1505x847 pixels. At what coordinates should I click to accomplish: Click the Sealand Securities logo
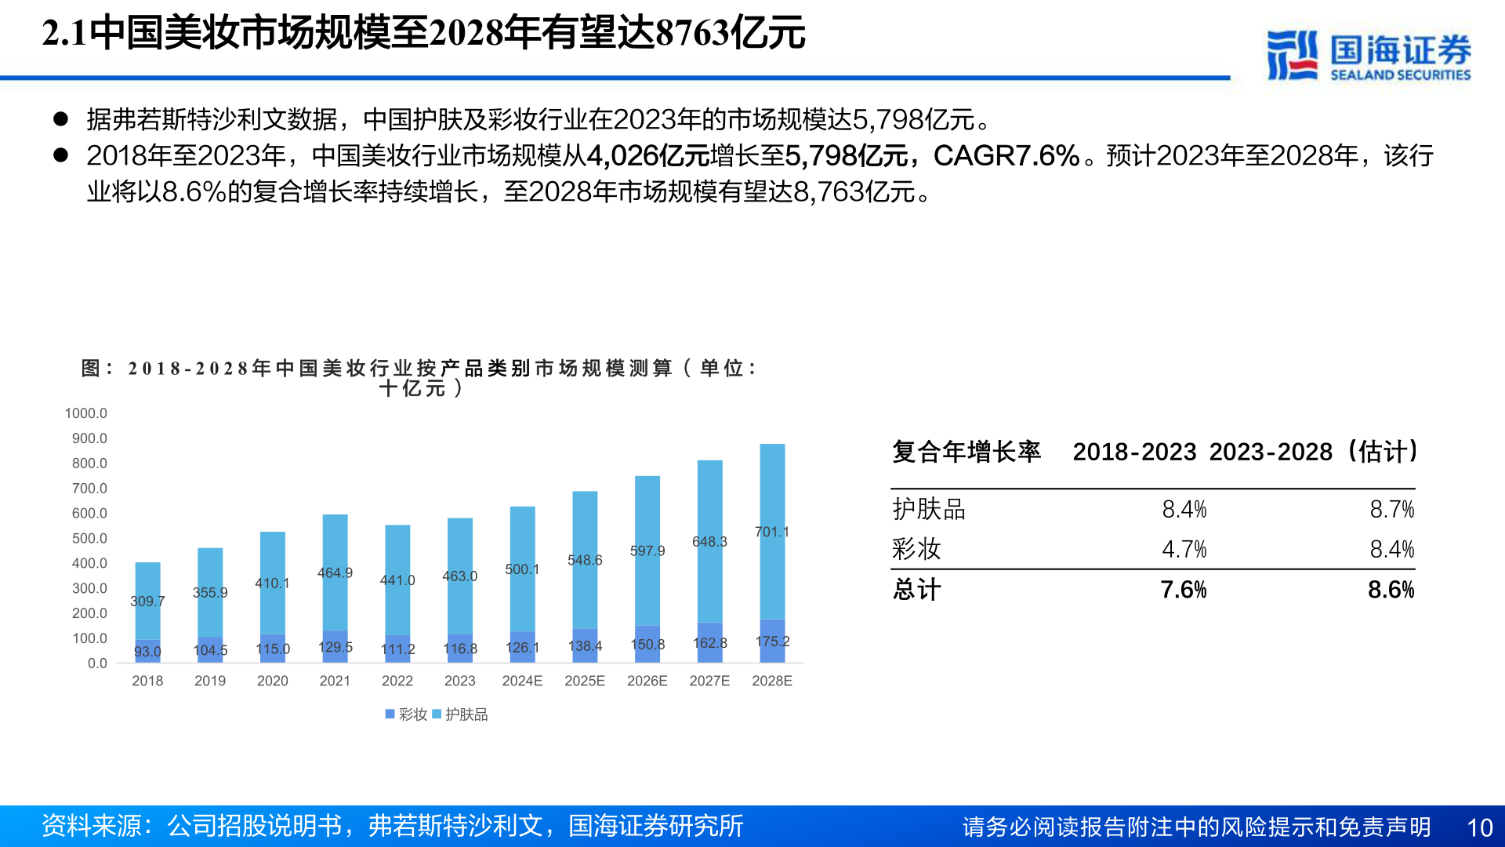(1368, 55)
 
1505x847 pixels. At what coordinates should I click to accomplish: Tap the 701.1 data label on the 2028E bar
(771, 532)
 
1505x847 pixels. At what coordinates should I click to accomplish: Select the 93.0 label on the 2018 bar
(147, 652)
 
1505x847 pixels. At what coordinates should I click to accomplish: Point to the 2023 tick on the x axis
(459, 681)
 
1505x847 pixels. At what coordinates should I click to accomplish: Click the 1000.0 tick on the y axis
(85, 413)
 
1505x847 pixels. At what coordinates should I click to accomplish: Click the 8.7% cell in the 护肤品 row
(1391, 510)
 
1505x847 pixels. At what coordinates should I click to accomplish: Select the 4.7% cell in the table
(1184, 549)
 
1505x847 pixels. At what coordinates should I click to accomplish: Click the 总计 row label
(916, 590)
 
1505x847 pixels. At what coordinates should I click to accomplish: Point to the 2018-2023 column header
(1134, 452)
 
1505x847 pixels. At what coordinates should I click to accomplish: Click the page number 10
(1479, 827)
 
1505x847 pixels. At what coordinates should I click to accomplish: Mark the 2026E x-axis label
(647, 681)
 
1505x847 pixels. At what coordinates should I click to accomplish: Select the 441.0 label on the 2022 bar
(397, 580)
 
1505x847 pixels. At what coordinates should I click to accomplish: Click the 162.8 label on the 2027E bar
(709, 643)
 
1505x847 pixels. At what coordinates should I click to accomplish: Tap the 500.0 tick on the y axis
(89, 538)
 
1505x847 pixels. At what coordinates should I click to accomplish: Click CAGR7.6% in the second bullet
(1006, 155)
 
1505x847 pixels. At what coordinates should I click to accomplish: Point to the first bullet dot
(60, 119)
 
